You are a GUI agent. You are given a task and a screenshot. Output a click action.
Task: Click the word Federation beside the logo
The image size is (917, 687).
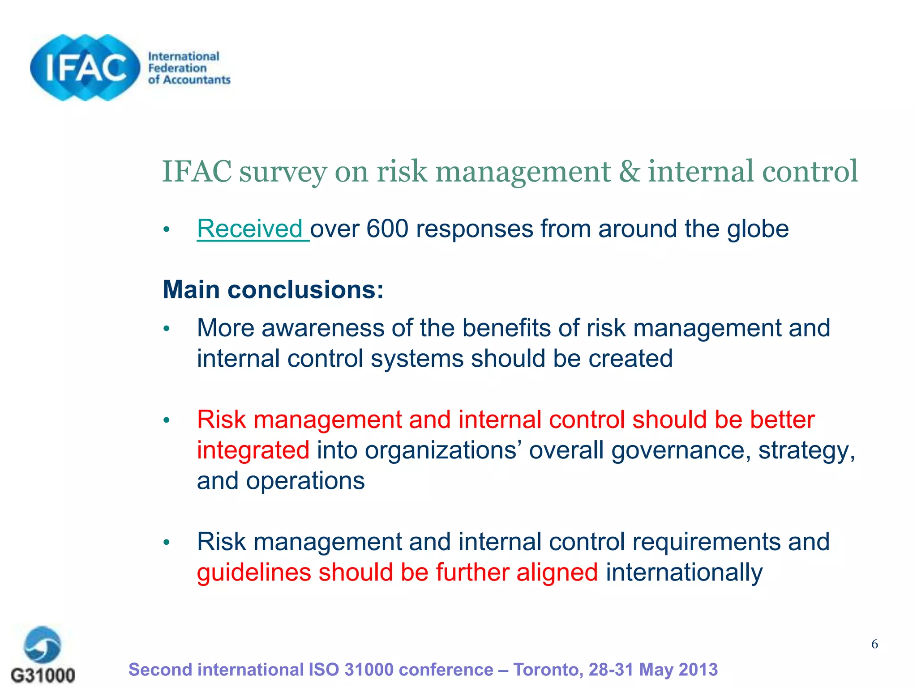tap(177, 68)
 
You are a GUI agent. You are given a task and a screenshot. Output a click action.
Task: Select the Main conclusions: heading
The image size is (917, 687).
tap(273, 290)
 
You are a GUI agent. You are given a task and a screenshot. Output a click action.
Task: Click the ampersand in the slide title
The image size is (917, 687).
tap(630, 172)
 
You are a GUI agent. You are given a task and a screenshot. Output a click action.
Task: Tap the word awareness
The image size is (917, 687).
tap(322, 328)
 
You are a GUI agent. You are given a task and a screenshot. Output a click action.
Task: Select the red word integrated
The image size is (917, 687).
tap(253, 450)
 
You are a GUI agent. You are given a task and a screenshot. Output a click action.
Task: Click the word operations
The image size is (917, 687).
tap(305, 481)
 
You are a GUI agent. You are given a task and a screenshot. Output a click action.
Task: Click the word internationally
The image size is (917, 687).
tap(684, 573)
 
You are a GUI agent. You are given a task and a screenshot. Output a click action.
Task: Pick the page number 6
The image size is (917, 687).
tap(874, 644)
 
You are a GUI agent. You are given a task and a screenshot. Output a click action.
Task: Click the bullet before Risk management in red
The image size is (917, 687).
tap(167, 420)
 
